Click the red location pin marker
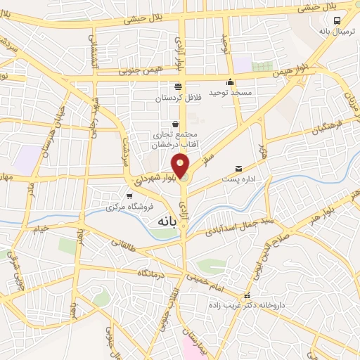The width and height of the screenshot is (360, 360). point(181,165)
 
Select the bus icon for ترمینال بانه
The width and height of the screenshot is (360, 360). point(337,20)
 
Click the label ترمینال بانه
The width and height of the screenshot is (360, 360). point(335,32)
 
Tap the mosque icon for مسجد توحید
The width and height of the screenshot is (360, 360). point(231,81)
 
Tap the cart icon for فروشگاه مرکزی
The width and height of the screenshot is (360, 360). point(129,195)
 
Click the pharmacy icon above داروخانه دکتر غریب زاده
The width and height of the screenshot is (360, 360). point(246,296)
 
